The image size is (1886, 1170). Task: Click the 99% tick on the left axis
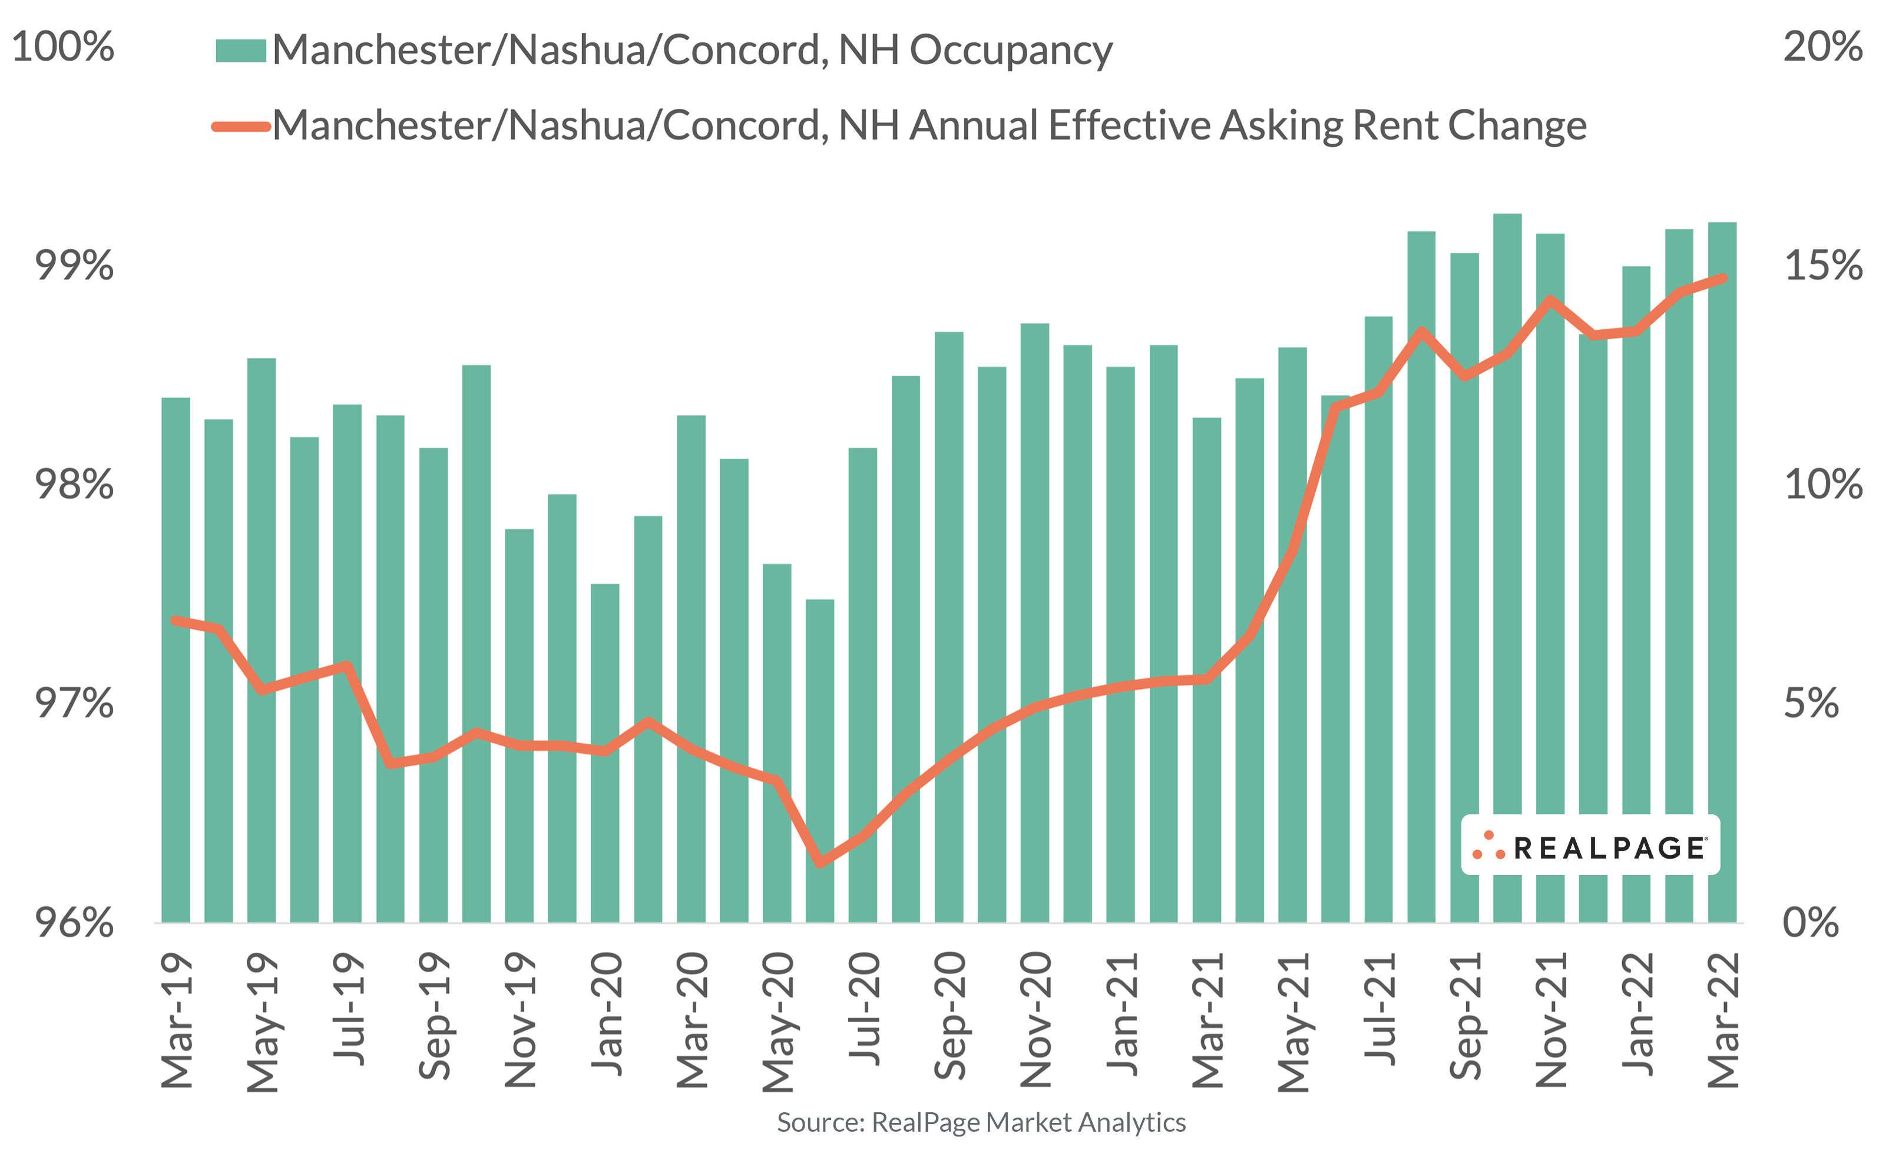[x=74, y=266]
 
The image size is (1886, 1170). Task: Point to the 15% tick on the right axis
[x=1822, y=266]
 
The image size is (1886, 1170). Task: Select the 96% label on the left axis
[x=74, y=922]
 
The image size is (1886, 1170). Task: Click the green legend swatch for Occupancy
[x=241, y=50]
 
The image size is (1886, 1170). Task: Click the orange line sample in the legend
[x=241, y=126]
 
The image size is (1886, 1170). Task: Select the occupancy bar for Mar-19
[x=176, y=658]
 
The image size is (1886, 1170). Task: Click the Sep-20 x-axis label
[x=949, y=1015]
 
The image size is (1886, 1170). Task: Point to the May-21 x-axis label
[x=1292, y=1022]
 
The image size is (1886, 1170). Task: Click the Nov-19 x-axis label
[x=520, y=1019]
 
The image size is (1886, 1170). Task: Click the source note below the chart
[x=981, y=1123]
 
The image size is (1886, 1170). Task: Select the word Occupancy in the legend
[x=1010, y=50]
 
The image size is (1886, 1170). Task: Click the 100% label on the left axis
[x=62, y=47]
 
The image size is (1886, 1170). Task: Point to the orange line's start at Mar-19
[x=176, y=620]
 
